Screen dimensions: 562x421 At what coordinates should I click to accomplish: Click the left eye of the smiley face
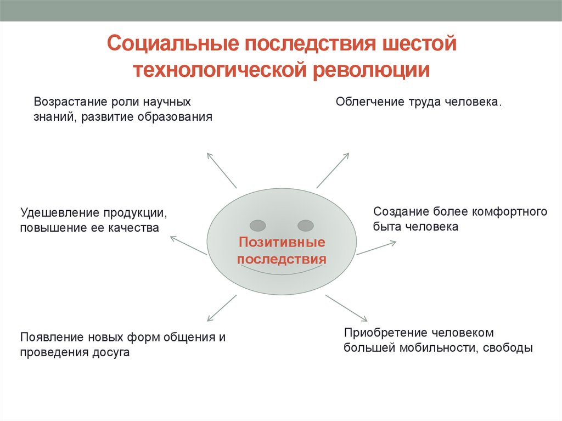coord(257,225)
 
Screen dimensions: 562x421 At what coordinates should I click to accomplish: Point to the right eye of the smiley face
coord(305,225)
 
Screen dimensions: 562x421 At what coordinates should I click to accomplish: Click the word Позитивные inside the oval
coord(282,242)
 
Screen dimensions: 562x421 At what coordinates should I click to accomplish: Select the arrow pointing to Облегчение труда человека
coord(333,170)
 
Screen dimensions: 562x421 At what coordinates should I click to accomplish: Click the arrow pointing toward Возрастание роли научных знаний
coord(222,170)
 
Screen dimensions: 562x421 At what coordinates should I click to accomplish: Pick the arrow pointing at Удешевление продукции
coord(188,245)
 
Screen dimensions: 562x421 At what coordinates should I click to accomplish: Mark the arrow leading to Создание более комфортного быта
coord(376,248)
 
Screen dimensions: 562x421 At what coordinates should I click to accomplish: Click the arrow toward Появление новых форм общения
coord(222,308)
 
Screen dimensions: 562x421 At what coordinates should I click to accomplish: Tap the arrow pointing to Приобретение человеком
coord(346,307)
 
